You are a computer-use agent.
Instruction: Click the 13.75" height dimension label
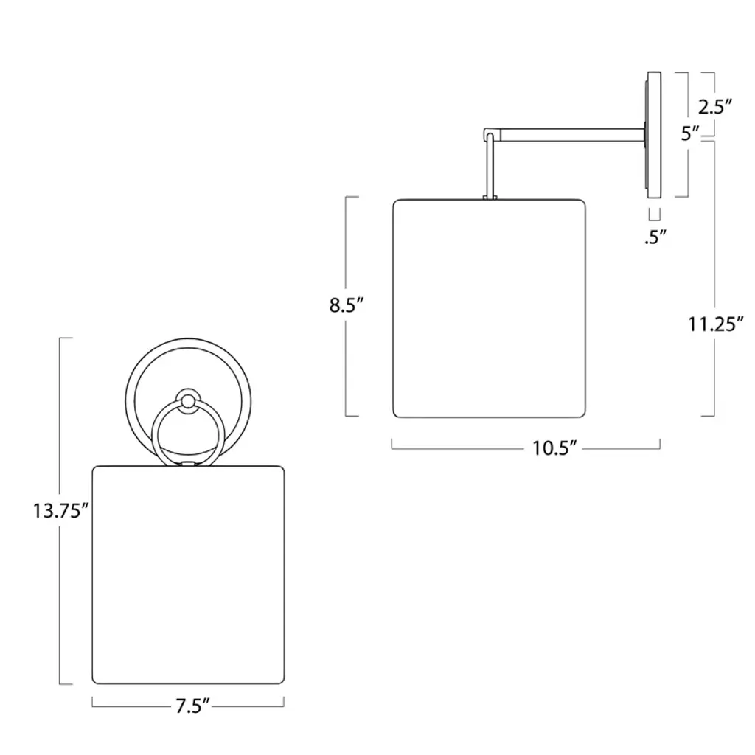click(x=60, y=511)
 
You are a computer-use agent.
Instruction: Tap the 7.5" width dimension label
click(x=192, y=706)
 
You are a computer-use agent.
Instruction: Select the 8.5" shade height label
click(x=346, y=305)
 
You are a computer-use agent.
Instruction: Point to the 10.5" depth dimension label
click(x=554, y=449)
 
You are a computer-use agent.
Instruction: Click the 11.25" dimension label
click(x=715, y=324)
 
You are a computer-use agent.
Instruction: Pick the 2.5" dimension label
click(x=715, y=107)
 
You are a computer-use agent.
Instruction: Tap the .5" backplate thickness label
click(x=655, y=237)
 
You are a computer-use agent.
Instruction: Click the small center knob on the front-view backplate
click(x=188, y=400)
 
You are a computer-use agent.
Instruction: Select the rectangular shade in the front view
click(x=188, y=574)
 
